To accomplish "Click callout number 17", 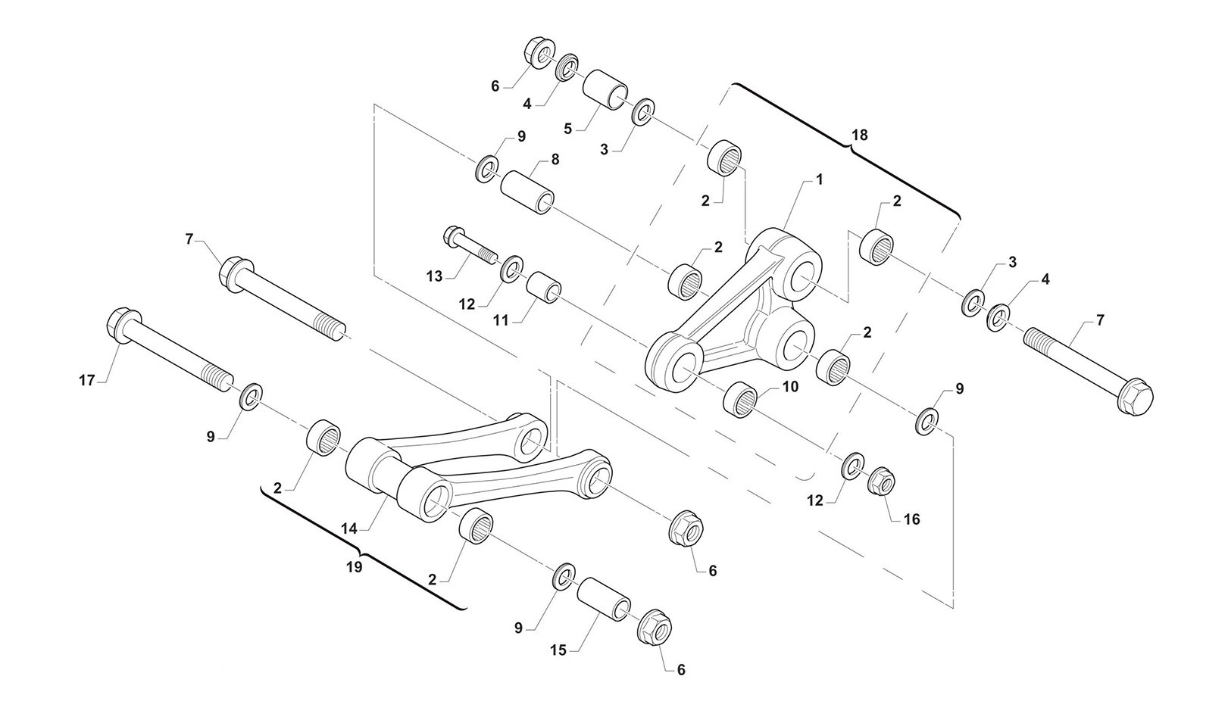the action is (x=86, y=380).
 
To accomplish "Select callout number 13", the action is (x=434, y=276).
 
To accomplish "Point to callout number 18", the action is (x=860, y=135).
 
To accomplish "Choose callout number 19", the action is (x=355, y=567).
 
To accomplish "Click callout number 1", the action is (x=820, y=179).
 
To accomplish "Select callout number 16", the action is (x=911, y=519).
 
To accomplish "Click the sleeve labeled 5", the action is (x=605, y=89).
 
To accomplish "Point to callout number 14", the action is (x=349, y=528).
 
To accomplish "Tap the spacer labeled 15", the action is (x=603, y=599).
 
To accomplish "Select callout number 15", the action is (x=558, y=650).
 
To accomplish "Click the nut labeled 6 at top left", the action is (x=539, y=53).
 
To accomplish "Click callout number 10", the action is (x=790, y=387).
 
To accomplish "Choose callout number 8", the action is (x=555, y=160).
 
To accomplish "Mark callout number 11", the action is (x=501, y=320).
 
